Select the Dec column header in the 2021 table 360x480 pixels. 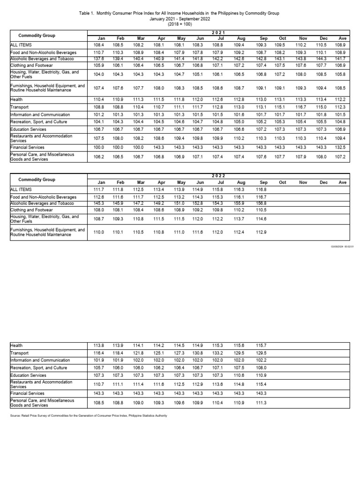point(323,38)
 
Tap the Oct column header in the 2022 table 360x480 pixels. point(283,182)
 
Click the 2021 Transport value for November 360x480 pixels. point(303,107)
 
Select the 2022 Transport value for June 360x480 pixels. point(198,353)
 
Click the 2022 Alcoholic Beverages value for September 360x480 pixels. point(262,203)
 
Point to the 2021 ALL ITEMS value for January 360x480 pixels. point(98,45)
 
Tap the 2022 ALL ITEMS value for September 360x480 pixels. point(262,189)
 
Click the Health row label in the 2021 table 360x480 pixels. point(16,100)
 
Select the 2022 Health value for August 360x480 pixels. point(240,345)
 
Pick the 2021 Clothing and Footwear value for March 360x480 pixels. point(138,65)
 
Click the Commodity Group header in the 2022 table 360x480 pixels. point(37,180)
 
